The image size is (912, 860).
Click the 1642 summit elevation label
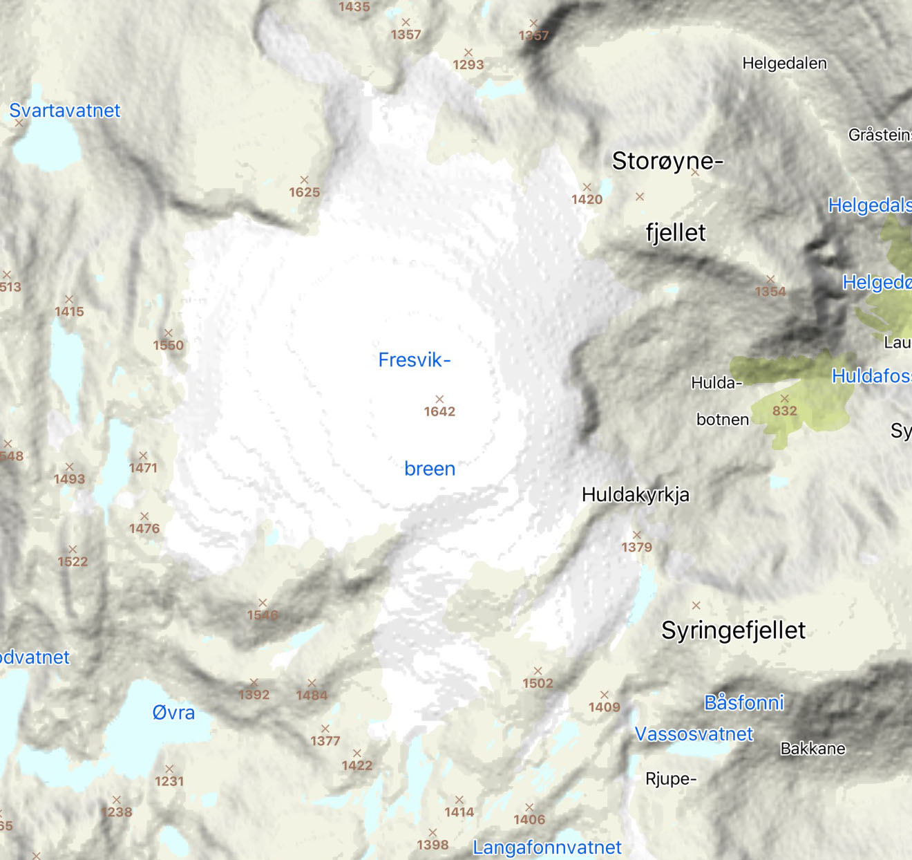coord(439,411)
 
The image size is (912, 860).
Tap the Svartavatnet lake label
coord(64,111)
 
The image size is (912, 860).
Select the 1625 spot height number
coord(304,192)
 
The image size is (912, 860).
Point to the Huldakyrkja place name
coord(635,495)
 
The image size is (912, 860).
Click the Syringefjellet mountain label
coord(733,630)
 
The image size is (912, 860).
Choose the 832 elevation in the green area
coord(784,411)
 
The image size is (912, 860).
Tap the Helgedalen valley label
coord(784,64)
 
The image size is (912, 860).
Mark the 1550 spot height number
coord(168,345)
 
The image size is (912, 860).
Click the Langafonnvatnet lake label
coord(547,847)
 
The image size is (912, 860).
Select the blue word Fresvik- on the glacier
coord(414,359)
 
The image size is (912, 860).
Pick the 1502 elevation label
coord(538,683)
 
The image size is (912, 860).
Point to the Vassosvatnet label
coord(694,734)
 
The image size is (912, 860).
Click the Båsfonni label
coord(743,703)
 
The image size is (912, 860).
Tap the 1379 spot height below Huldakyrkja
coord(636,547)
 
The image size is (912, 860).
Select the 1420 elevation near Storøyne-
coord(587,199)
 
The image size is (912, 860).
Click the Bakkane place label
coord(813,749)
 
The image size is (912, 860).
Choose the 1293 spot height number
coord(468,65)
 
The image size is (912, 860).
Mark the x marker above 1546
coord(263,603)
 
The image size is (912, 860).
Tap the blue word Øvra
coord(173,713)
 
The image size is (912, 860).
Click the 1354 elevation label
coord(770,292)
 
